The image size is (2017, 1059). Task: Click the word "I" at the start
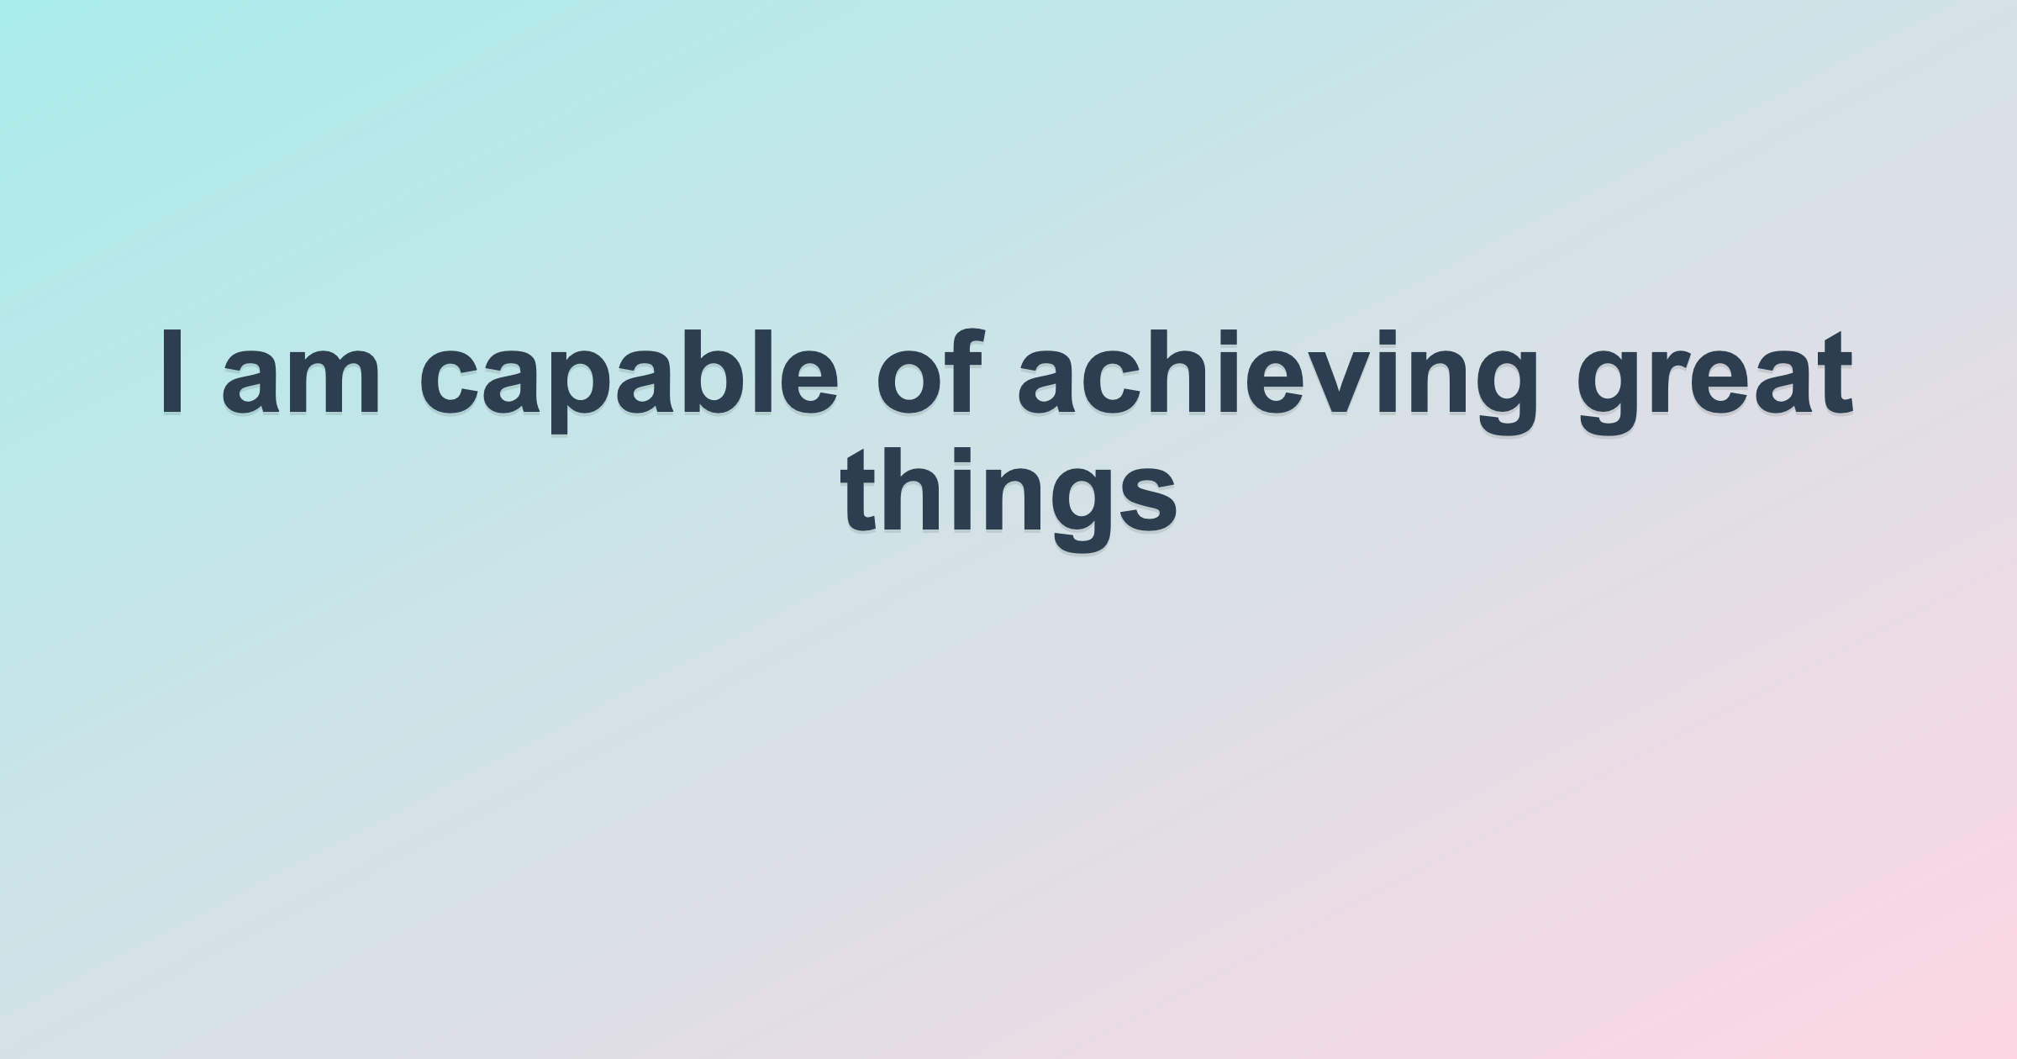(171, 372)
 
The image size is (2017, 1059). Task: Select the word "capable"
(629, 382)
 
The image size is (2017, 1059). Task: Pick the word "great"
(1714, 383)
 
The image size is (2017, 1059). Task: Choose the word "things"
(1008, 501)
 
